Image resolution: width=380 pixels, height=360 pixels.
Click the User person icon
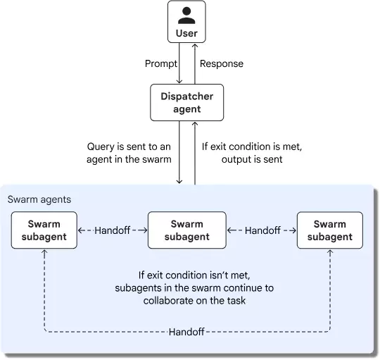(x=186, y=15)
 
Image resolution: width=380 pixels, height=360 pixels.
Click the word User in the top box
(x=186, y=32)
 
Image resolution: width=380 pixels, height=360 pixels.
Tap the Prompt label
(x=160, y=63)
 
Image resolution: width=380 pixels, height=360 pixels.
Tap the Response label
(x=222, y=63)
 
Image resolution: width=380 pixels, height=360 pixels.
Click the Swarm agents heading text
(x=39, y=199)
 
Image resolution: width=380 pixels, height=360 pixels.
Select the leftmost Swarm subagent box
(x=44, y=230)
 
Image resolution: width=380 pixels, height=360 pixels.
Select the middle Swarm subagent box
(x=186, y=230)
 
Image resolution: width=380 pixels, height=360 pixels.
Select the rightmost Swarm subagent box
(x=330, y=230)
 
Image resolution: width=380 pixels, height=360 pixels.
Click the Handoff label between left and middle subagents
(x=113, y=230)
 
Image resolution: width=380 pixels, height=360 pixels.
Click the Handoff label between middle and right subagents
(x=262, y=230)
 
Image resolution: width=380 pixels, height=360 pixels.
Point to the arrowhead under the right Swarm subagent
(x=330, y=253)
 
